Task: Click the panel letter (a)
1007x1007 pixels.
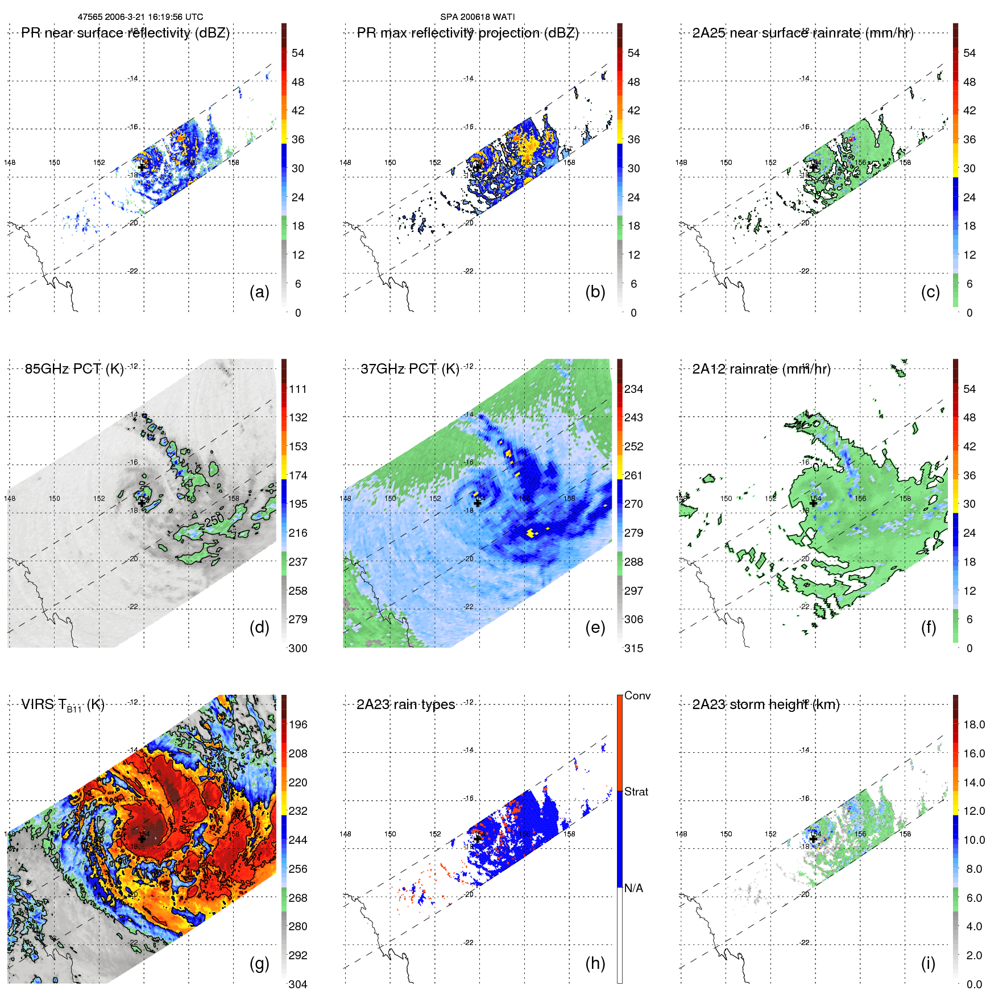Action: coord(259,292)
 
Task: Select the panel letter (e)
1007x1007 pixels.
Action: coord(595,628)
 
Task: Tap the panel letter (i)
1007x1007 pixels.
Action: coord(928,963)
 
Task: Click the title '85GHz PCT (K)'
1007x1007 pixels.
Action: coord(74,369)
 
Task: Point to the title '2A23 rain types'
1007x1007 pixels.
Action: coord(405,705)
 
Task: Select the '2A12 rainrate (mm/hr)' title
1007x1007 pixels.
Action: coord(761,369)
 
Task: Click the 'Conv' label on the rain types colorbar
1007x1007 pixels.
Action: coord(637,695)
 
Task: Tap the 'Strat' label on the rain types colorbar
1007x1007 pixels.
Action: coord(636,791)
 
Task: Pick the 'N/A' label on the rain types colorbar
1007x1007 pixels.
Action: coord(634,888)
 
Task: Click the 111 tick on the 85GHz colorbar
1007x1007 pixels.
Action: coord(298,389)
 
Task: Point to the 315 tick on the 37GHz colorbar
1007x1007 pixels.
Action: coord(634,648)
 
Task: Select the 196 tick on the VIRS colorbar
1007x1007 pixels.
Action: coord(298,724)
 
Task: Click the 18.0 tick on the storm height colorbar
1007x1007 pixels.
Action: coord(974,724)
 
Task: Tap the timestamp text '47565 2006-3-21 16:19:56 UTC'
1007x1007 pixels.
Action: coord(140,17)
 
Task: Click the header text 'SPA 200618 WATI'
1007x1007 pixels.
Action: coord(478,17)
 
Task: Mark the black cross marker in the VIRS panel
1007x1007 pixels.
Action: coord(142,839)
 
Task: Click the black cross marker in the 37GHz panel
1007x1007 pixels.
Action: coord(478,503)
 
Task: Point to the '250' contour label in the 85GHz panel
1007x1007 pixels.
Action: coord(214,520)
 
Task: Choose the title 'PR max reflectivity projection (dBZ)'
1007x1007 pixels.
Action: coord(467,33)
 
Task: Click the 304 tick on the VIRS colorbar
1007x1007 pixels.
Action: coord(298,984)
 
